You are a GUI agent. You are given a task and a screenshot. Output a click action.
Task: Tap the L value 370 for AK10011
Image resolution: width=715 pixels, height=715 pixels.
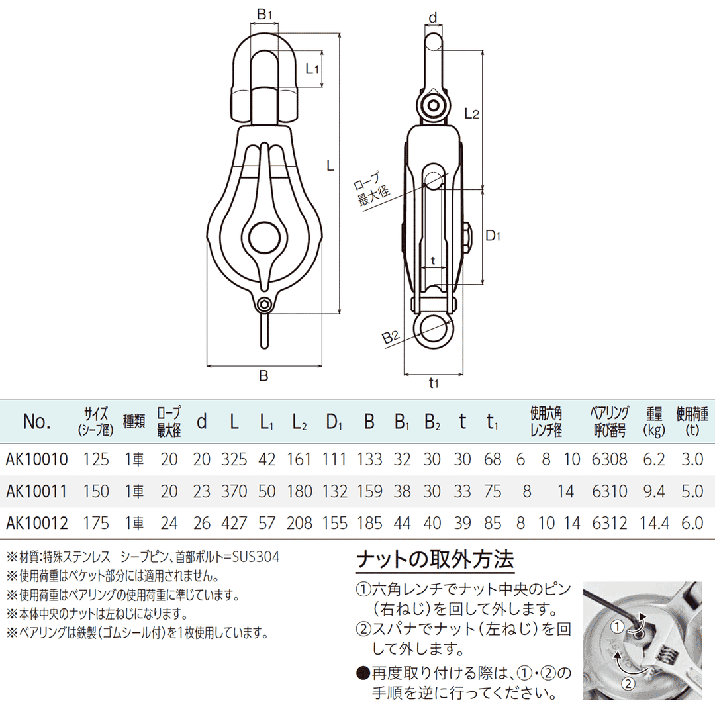[x=234, y=491]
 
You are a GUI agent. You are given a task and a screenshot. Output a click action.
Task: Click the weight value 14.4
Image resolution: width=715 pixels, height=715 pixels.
[x=655, y=523]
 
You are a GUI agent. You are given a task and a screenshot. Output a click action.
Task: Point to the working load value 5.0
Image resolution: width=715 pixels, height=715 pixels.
[x=692, y=491]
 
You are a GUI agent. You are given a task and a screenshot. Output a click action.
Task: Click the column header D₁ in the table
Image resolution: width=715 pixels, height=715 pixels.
[x=336, y=422]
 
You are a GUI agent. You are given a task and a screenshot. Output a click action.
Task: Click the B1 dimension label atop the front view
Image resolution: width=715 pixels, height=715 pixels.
[x=264, y=13]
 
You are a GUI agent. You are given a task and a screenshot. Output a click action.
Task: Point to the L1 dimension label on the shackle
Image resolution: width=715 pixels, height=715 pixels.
[x=312, y=68]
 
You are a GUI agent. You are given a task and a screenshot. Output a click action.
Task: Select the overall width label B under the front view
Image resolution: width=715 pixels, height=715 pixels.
[x=263, y=376]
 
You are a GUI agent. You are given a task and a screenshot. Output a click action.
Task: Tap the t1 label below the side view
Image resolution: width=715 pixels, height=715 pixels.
[x=434, y=382]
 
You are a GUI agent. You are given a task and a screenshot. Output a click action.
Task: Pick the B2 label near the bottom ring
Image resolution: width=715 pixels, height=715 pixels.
[x=391, y=338]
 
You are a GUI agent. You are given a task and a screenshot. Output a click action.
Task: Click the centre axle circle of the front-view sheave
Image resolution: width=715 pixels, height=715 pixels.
[x=264, y=236]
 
